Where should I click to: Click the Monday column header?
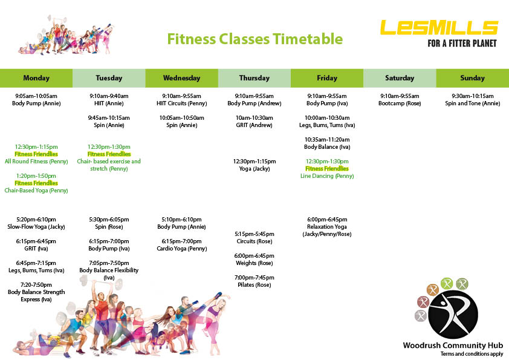[x=36, y=78]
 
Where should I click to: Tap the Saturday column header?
[x=400, y=78]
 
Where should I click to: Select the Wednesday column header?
[x=181, y=78]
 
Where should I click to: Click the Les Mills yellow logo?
[x=439, y=28]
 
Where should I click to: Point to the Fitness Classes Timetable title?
[x=255, y=39]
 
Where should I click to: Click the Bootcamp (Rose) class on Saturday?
[x=400, y=103]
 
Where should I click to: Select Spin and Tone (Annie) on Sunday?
[x=472, y=103]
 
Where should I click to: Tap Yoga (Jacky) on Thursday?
[x=254, y=169]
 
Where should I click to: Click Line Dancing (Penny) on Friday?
[x=327, y=176]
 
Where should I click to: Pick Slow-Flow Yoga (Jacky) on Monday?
[x=36, y=227]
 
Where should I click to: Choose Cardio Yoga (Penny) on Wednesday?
[x=181, y=249]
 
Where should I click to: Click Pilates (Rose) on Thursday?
[x=254, y=285]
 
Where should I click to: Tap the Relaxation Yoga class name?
[x=327, y=227]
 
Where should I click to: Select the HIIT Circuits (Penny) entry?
[x=181, y=103]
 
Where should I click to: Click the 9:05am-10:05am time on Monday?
[x=36, y=96]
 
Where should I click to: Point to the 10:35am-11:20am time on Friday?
[x=327, y=140]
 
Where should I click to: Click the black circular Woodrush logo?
[x=453, y=315]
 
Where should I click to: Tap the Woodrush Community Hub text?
[x=453, y=345]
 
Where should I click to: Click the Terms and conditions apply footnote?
[x=472, y=354]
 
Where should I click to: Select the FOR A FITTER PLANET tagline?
[x=462, y=43]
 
